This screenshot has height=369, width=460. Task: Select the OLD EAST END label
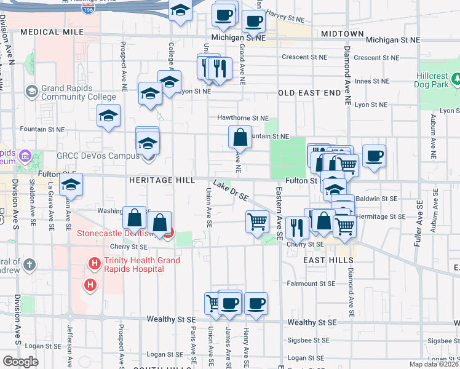309,93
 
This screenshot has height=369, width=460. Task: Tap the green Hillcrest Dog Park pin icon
456,79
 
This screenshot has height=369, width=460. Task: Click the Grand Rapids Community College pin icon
31,92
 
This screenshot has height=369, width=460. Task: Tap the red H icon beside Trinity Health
94,264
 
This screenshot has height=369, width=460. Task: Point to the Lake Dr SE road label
231,191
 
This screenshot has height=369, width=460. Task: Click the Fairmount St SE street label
311,284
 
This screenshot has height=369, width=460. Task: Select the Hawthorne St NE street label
243,117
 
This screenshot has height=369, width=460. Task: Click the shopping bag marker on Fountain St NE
240,137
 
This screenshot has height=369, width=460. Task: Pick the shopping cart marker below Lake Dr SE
257,221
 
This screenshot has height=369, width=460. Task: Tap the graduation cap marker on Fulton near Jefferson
71,184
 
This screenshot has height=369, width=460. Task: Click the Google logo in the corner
20,362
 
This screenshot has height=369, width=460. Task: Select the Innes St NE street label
371,81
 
